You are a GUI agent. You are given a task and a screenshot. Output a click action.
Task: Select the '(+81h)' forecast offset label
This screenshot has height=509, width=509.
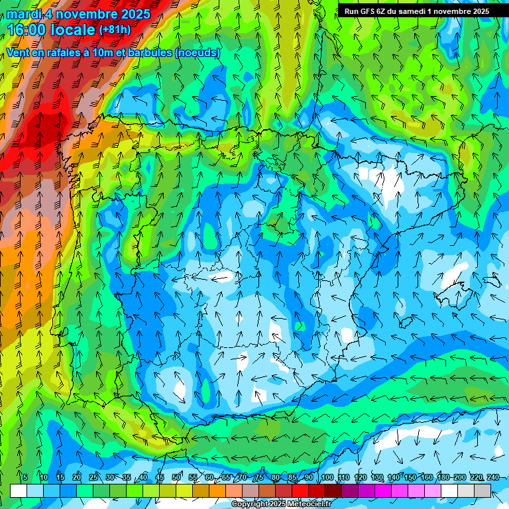pyautogui.click(x=115, y=30)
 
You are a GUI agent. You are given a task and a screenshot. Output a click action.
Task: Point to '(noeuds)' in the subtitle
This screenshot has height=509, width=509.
pyautogui.click(x=198, y=52)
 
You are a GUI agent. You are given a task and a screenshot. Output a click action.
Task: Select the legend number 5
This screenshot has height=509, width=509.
pyautogui.click(x=25, y=477)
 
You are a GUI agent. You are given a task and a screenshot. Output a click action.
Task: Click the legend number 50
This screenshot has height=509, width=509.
pyautogui.click(x=176, y=477)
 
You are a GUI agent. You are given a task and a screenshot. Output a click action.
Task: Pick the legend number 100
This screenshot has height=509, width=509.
pyautogui.click(x=327, y=477)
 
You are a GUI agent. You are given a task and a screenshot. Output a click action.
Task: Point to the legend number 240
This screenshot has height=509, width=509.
pyautogui.click(x=492, y=477)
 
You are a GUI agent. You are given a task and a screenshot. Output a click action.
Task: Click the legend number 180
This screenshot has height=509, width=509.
pyautogui.click(x=443, y=477)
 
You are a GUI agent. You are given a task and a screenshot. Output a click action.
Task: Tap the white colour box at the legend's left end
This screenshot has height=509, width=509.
pyautogui.click(x=19, y=491)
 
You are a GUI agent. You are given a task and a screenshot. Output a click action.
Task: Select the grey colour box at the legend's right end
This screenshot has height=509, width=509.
pyautogui.click(x=482, y=491)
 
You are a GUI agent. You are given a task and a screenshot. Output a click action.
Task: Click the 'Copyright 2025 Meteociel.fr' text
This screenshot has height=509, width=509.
pyautogui.click(x=281, y=504)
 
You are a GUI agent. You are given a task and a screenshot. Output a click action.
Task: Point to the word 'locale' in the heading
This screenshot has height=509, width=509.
pyautogui.click(x=72, y=30)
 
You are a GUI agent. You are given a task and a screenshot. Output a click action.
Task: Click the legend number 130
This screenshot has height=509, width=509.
pyautogui.click(x=376, y=477)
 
